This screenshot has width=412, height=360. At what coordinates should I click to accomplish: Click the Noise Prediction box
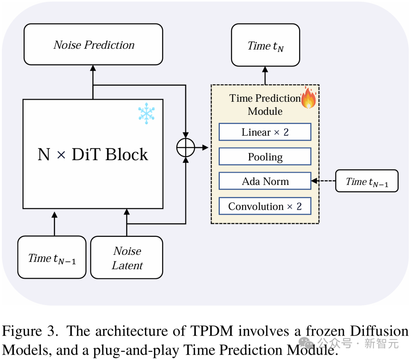pos(93,45)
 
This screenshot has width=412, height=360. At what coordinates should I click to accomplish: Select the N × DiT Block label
pos(93,154)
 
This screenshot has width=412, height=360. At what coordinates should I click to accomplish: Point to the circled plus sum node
pos(185,148)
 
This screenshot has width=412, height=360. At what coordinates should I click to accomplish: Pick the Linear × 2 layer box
pos(265,132)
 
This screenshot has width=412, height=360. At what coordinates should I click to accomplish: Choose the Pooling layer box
pos(265,157)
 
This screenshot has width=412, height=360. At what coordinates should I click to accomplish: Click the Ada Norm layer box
pos(265,182)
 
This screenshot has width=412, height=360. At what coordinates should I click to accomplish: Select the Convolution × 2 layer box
pos(265,206)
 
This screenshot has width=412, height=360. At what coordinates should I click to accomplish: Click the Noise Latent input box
pos(127,258)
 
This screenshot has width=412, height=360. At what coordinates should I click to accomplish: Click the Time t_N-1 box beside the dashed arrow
pos(367,182)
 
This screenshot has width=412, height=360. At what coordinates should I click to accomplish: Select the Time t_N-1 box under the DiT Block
pos(52,258)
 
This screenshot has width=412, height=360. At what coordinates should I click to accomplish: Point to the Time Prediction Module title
pos(265,104)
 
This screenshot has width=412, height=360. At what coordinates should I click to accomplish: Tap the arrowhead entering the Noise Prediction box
pos(93,68)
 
